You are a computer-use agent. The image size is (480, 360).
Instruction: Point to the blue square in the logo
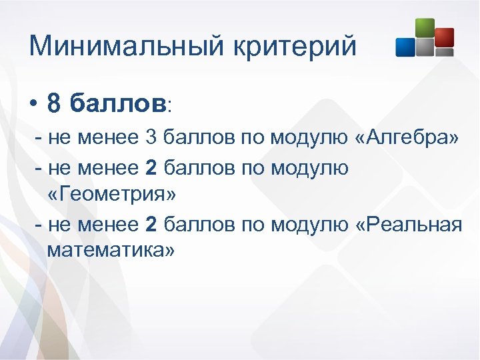click(405, 47)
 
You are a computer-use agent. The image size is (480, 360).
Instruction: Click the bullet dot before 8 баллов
click(33, 105)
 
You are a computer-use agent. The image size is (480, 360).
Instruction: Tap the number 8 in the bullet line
click(55, 103)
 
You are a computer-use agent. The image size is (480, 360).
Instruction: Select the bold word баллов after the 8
click(118, 103)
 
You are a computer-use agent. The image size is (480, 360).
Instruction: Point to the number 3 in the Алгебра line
click(150, 138)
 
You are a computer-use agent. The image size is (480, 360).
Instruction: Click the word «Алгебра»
click(408, 138)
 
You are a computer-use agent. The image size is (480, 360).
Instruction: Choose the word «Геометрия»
click(111, 195)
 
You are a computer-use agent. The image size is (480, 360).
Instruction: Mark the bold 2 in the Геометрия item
click(151, 168)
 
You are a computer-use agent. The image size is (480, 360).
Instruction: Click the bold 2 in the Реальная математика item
click(151, 225)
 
